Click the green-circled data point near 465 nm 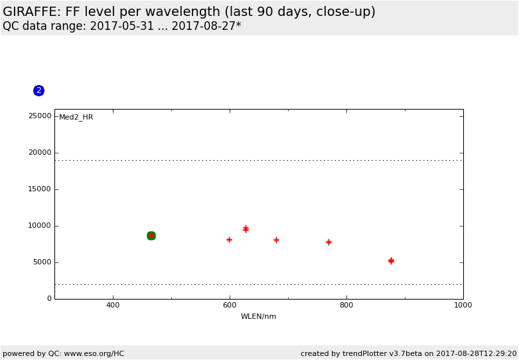pos(151,236)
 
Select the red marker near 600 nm pos(229,240)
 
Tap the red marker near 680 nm pos(276,240)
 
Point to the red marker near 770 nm pos(329,242)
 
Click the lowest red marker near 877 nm pos(391,261)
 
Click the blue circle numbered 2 pos(38,90)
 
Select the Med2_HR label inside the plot pos(76,118)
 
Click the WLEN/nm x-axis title pos(258,317)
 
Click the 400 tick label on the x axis pos(113,306)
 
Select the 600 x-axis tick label pos(230,306)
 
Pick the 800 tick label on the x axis pos(346,306)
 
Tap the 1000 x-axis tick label pos(463,306)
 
